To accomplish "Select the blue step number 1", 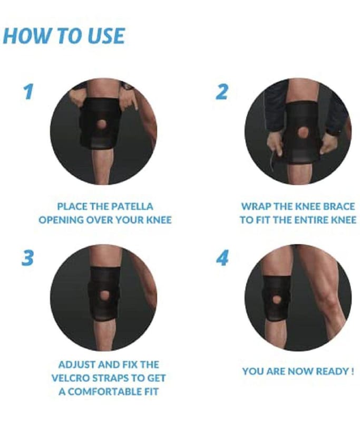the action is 28,91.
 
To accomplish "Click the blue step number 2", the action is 222,92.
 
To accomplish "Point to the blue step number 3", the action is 27,258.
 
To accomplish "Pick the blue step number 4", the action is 222,258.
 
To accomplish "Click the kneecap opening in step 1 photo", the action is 102,124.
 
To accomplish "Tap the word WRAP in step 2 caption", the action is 256,207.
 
